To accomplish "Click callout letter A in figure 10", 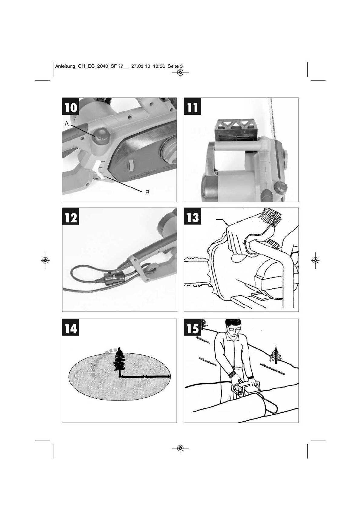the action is [x=67, y=123].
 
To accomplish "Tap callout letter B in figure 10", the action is [x=147, y=192].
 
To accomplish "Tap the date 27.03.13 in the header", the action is [x=141, y=66].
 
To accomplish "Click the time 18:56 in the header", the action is [x=159, y=66].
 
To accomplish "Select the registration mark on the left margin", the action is [x=45, y=260].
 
